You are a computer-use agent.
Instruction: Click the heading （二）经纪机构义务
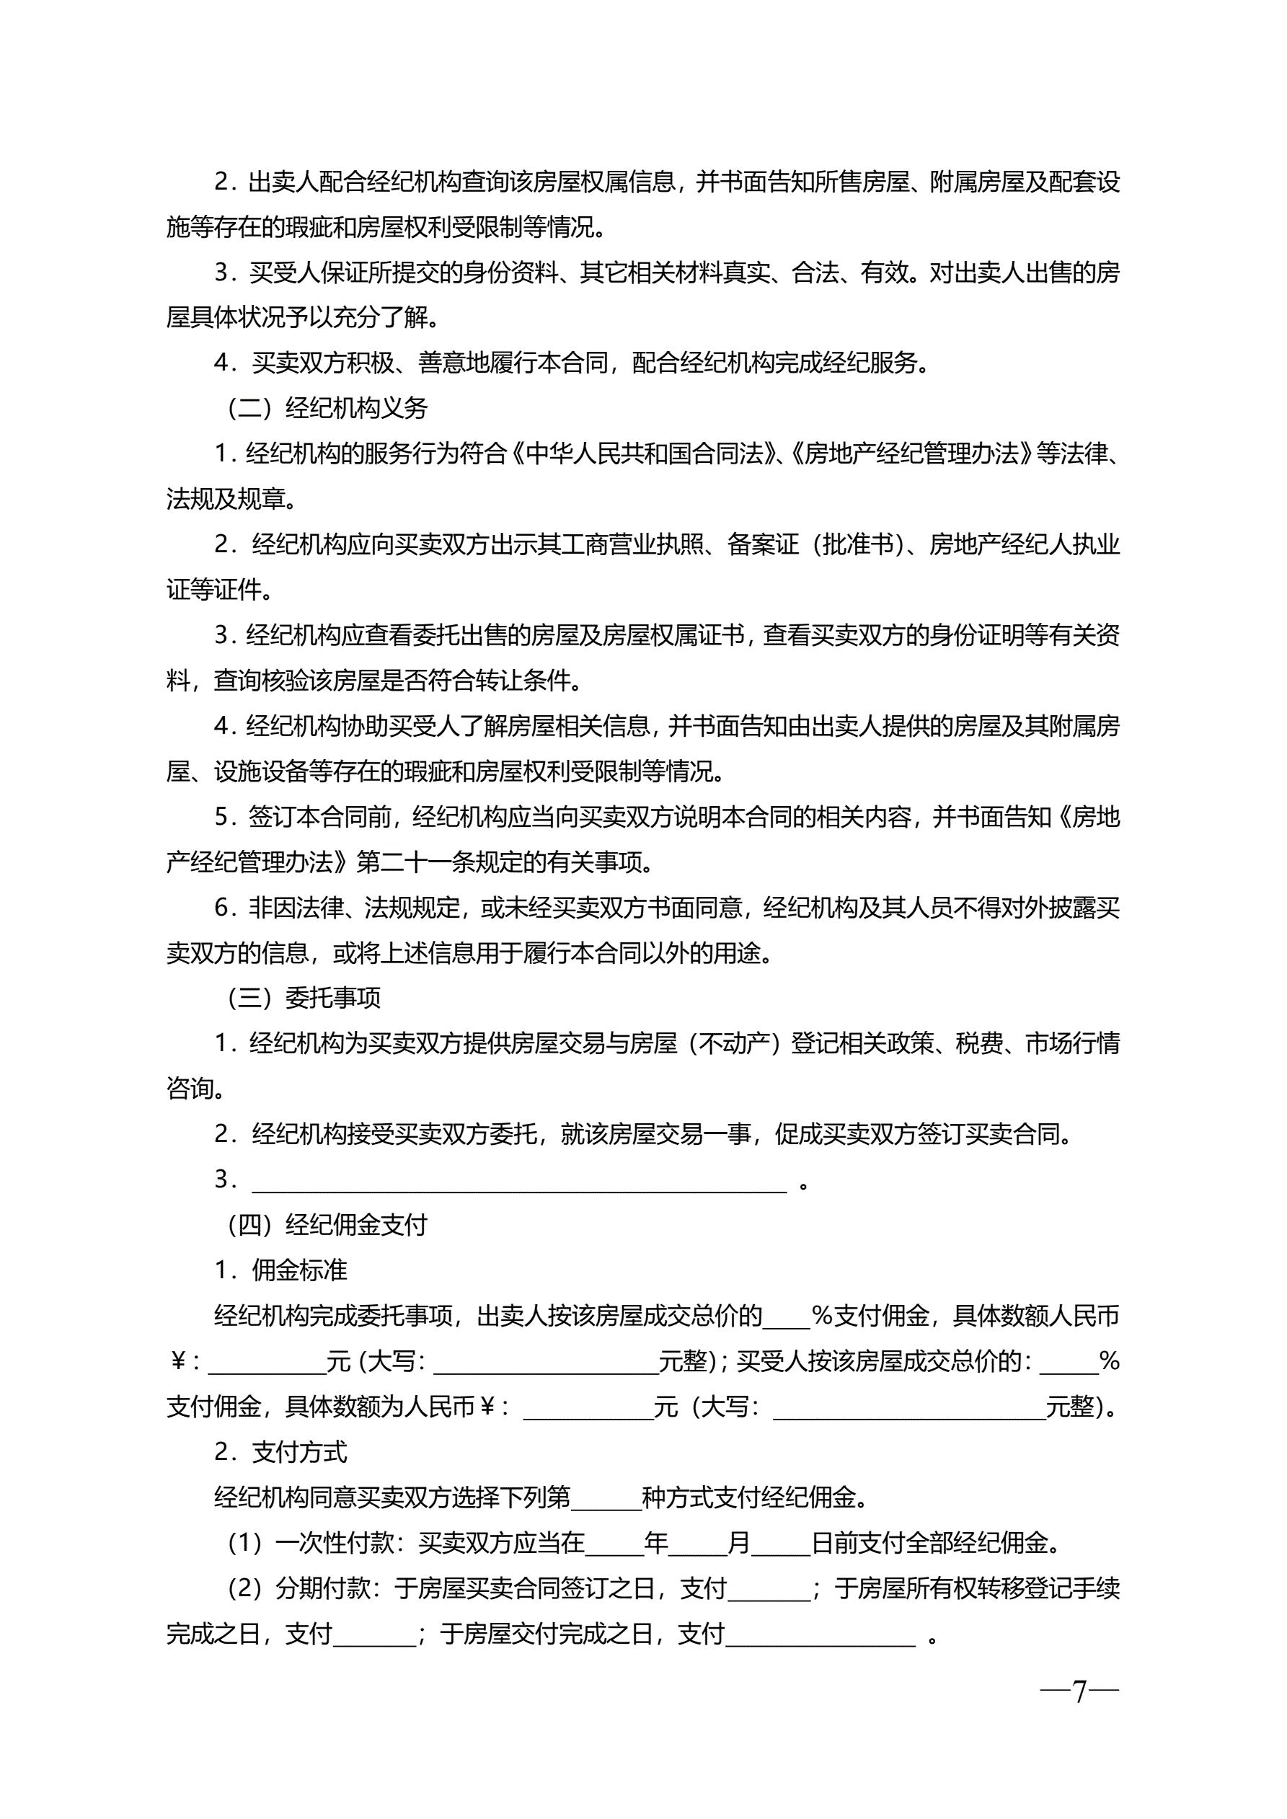tap(327, 409)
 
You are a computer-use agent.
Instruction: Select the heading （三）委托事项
tap(304, 999)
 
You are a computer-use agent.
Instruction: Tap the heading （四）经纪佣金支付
tap(327, 1225)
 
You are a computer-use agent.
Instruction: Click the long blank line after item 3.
tap(519, 1182)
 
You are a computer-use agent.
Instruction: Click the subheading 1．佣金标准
tap(280, 1271)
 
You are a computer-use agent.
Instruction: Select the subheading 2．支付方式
tap(280, 1452)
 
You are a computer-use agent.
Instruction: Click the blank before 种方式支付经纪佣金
tap(606, 1498)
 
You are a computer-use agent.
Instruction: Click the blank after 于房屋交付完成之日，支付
tap(821, 1634)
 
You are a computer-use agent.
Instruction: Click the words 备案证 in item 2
tap(763, 545)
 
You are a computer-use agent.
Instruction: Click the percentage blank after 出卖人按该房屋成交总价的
tap(786, 1316)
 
